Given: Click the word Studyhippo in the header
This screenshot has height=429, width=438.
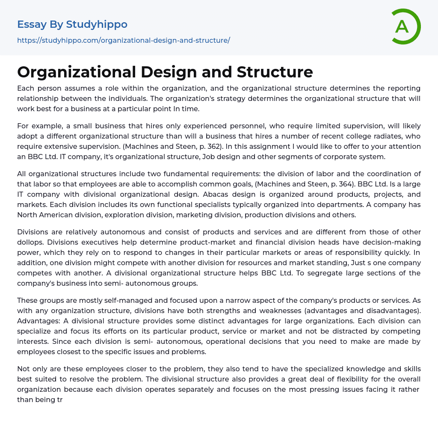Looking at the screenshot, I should pos(97,24).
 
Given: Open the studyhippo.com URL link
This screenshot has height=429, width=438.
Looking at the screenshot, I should pos(124,40).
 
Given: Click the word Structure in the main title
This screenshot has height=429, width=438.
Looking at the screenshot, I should pos(275,72).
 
